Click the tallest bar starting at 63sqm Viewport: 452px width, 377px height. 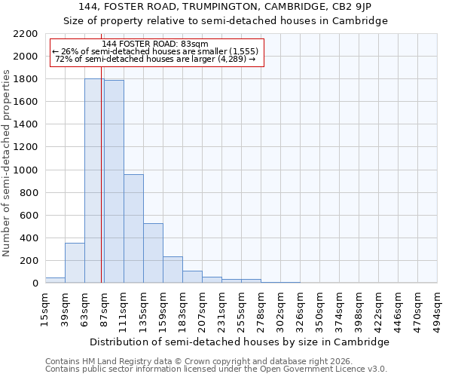point(94,181)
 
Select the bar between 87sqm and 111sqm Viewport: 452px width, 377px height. point(114,182)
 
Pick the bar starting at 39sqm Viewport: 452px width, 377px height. point(75,263)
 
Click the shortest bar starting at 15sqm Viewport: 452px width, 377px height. point(55,280)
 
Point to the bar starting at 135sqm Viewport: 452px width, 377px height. point(153,253)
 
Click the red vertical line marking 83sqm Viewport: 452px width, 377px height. point(101,188)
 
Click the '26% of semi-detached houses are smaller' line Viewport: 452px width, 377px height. point(156,52)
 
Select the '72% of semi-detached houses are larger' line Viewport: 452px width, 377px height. point(156,60)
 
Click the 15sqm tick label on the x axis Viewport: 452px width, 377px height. point(45,308)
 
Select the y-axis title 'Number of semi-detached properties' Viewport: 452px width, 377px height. point(8,163)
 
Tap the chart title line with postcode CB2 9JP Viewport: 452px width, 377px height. point(225,7)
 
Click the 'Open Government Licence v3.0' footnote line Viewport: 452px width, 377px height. point(215,369)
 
